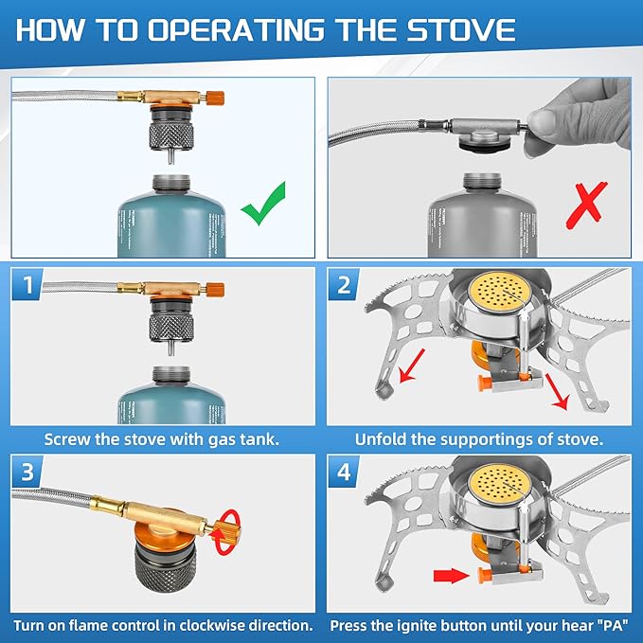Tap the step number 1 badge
pyautogui.click(x=29, y=284)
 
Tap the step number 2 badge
pyautogui.click(x=345, y=284)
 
